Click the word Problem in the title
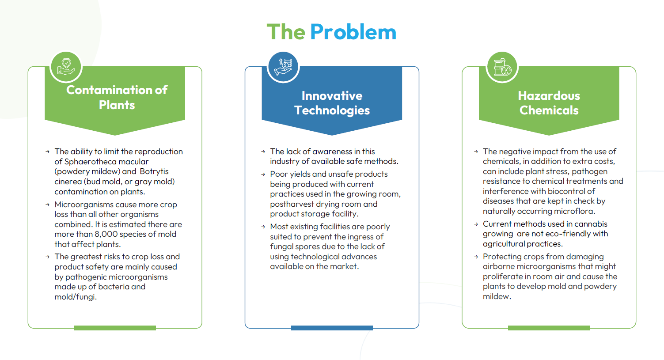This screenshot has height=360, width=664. pos(353,32)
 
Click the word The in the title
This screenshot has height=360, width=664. pos(286,32)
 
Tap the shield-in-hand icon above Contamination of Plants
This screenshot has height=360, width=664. pos(66,67)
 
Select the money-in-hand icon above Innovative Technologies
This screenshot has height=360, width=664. pos(283,67)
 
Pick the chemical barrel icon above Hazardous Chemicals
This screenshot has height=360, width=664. pos(502,67)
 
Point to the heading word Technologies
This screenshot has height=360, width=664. pos(332,110)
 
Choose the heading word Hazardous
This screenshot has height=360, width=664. pos(549,96)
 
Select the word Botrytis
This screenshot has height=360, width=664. pos(154,171)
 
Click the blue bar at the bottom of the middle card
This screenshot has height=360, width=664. pos(332,328)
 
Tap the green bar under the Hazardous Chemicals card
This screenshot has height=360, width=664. pos(549,328)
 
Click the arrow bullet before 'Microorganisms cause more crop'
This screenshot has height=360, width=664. pos(47,205)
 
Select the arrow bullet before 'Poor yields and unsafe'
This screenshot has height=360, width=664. pos(263,174)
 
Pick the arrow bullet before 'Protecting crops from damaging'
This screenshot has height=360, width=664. pos(476,257)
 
